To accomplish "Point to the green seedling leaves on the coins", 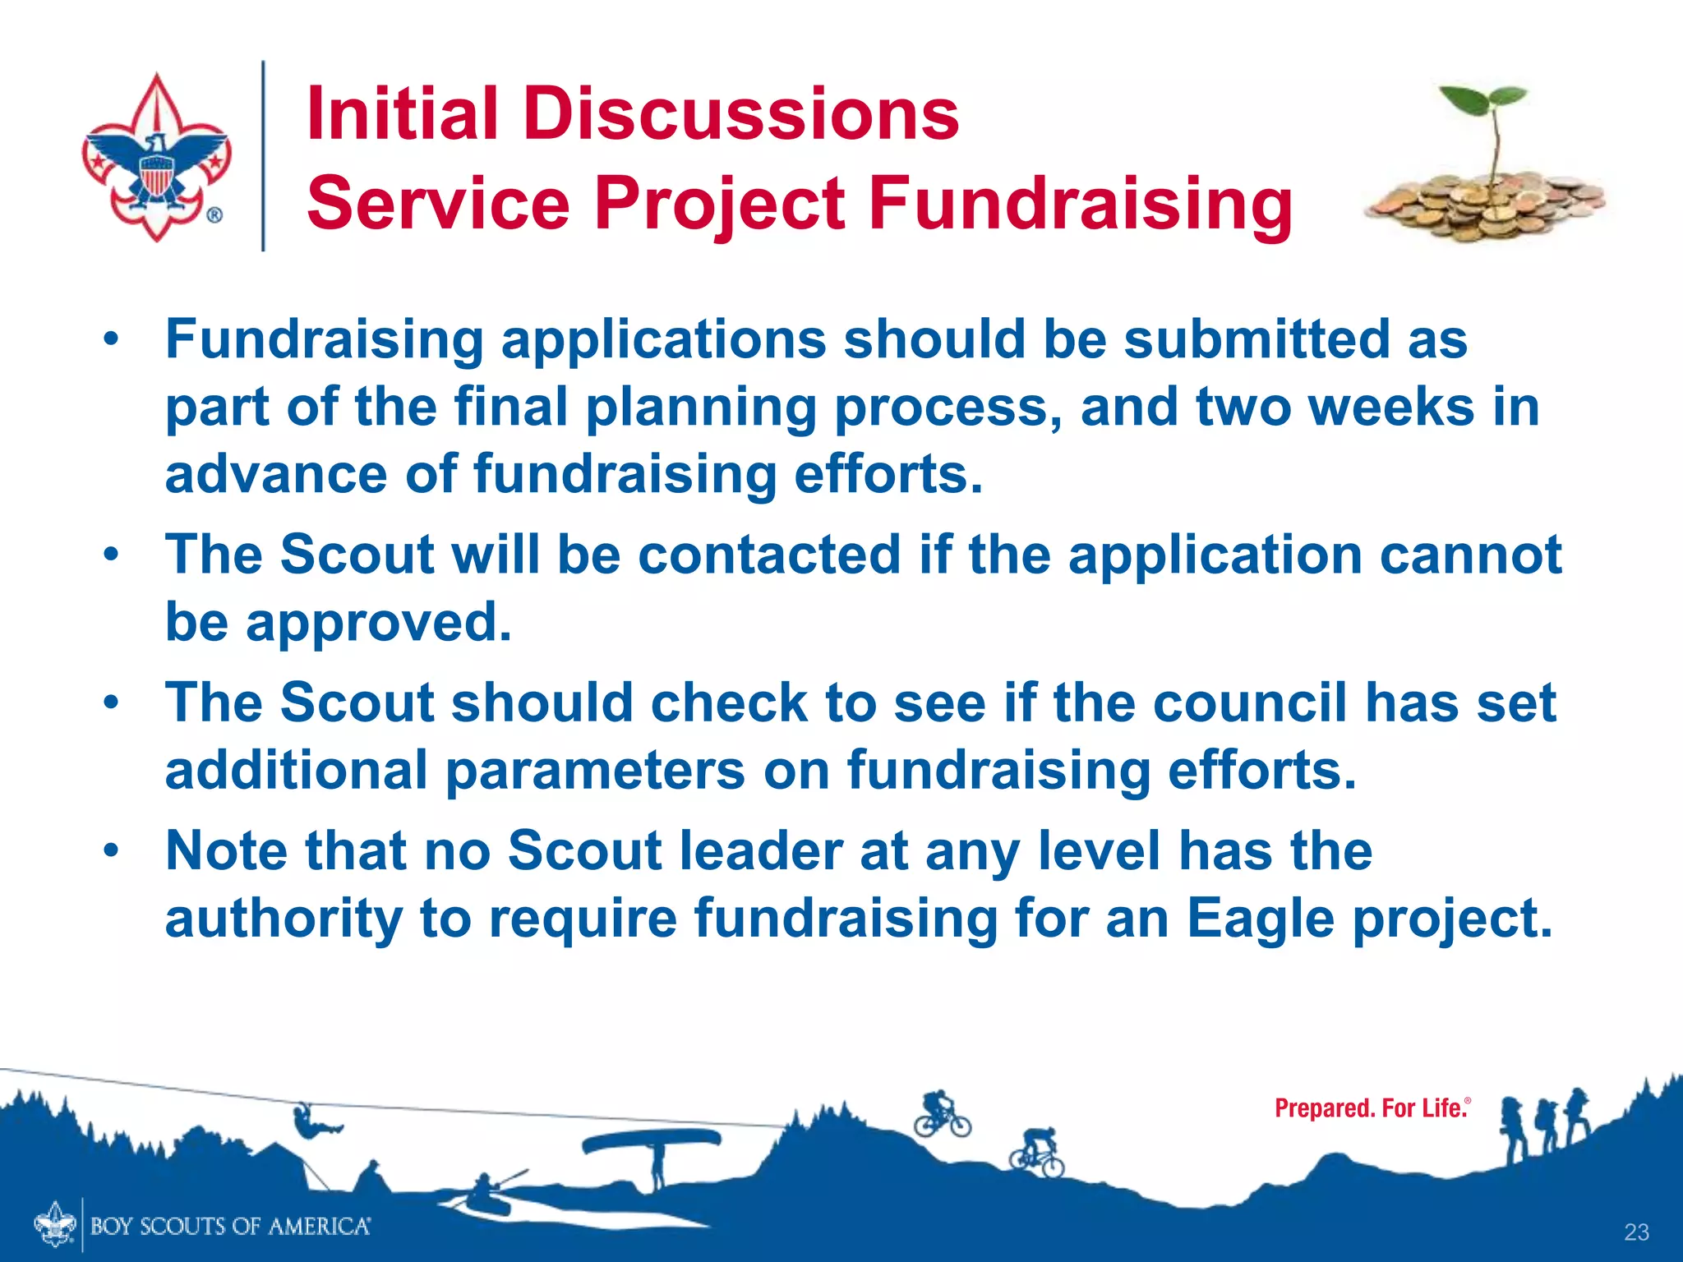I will (x=1483, y=103).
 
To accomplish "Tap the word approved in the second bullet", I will (x=378, y=622).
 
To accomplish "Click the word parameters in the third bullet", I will (x=595, y=771).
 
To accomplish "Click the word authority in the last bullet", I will (x=284, y=918).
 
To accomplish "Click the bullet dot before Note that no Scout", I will (x=112, y=851).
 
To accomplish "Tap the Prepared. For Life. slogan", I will (x=1371, y=1108).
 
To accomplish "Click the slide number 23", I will (x=1636, y=1232).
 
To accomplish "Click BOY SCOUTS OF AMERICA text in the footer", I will (x=230, y=1227).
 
